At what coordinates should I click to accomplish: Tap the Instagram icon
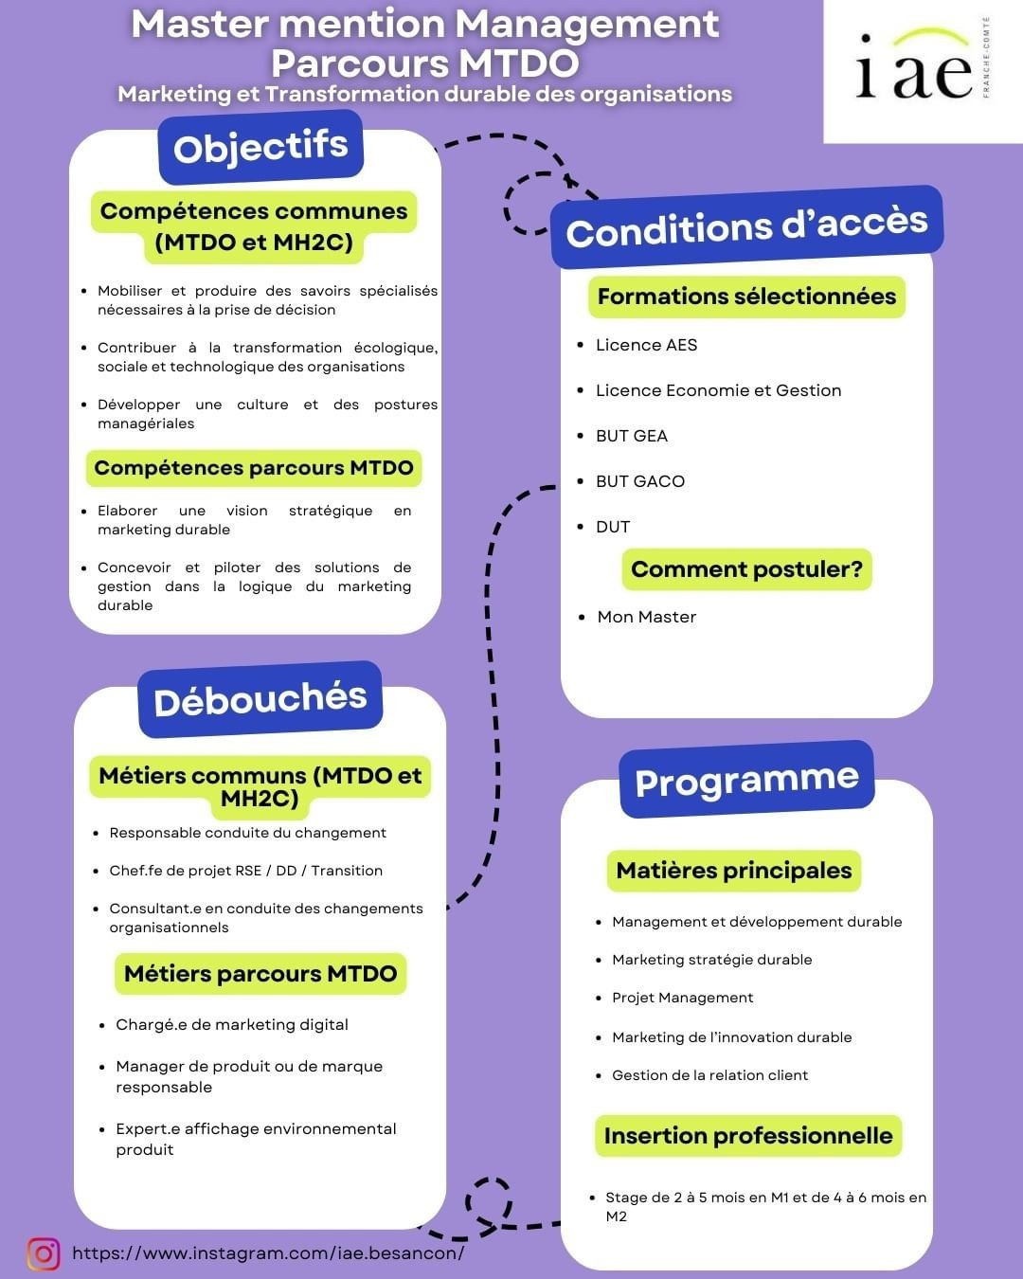click(x=44, y=1253)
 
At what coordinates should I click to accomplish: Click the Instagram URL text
click(x=268, y=1253)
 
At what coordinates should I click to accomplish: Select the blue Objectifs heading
click(x=260, y=148)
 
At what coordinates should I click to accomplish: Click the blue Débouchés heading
click(x=260, y=700)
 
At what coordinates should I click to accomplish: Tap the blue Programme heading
click(x=746, y=781)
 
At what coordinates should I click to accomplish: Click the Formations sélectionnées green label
click(x=746, y=297)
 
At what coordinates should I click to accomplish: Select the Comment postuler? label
click(x=746, y=569)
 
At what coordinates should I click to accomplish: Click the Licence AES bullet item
click(x=646, y=345)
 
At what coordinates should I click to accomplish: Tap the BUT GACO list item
click(x=639, y=481)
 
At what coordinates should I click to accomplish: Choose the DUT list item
click(x=613, y=527)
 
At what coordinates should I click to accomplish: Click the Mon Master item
click(x=646, y=617)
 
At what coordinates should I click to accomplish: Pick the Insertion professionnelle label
click(x=748, y=1136)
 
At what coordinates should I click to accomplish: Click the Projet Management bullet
click(x=682, y=998)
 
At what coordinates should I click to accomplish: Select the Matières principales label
click(x=734, y=871)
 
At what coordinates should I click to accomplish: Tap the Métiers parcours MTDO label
click(x=260, y=974)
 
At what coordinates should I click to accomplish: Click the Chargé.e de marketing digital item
click(x=232, y=1025)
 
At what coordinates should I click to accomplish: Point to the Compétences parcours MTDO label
click(x=254, y=468)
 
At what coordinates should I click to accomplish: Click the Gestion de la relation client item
click(x=709, y=1075)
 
